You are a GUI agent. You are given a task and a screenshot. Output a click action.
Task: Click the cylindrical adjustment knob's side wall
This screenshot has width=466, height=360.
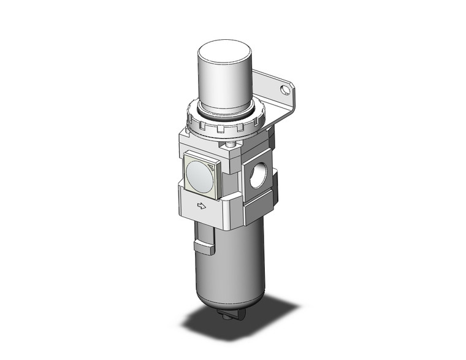223,86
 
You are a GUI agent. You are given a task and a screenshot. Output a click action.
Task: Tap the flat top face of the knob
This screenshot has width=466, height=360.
224,48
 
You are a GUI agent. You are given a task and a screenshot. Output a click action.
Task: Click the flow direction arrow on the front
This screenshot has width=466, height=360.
201,206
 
